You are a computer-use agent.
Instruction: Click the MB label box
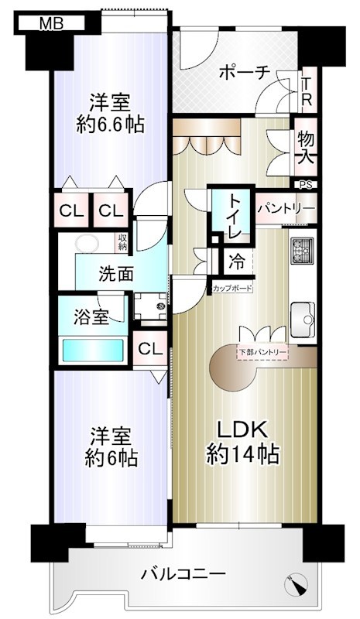click(51, 24)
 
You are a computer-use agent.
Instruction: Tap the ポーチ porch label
click(244, 72)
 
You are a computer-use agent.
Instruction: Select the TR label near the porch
click(307, 91)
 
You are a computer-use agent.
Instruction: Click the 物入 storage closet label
click(305, 146)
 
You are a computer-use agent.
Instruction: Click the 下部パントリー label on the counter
click(262, 354)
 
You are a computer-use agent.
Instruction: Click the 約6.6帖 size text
click(110, 125)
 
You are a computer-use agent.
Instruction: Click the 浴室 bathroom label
click(91, 316)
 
